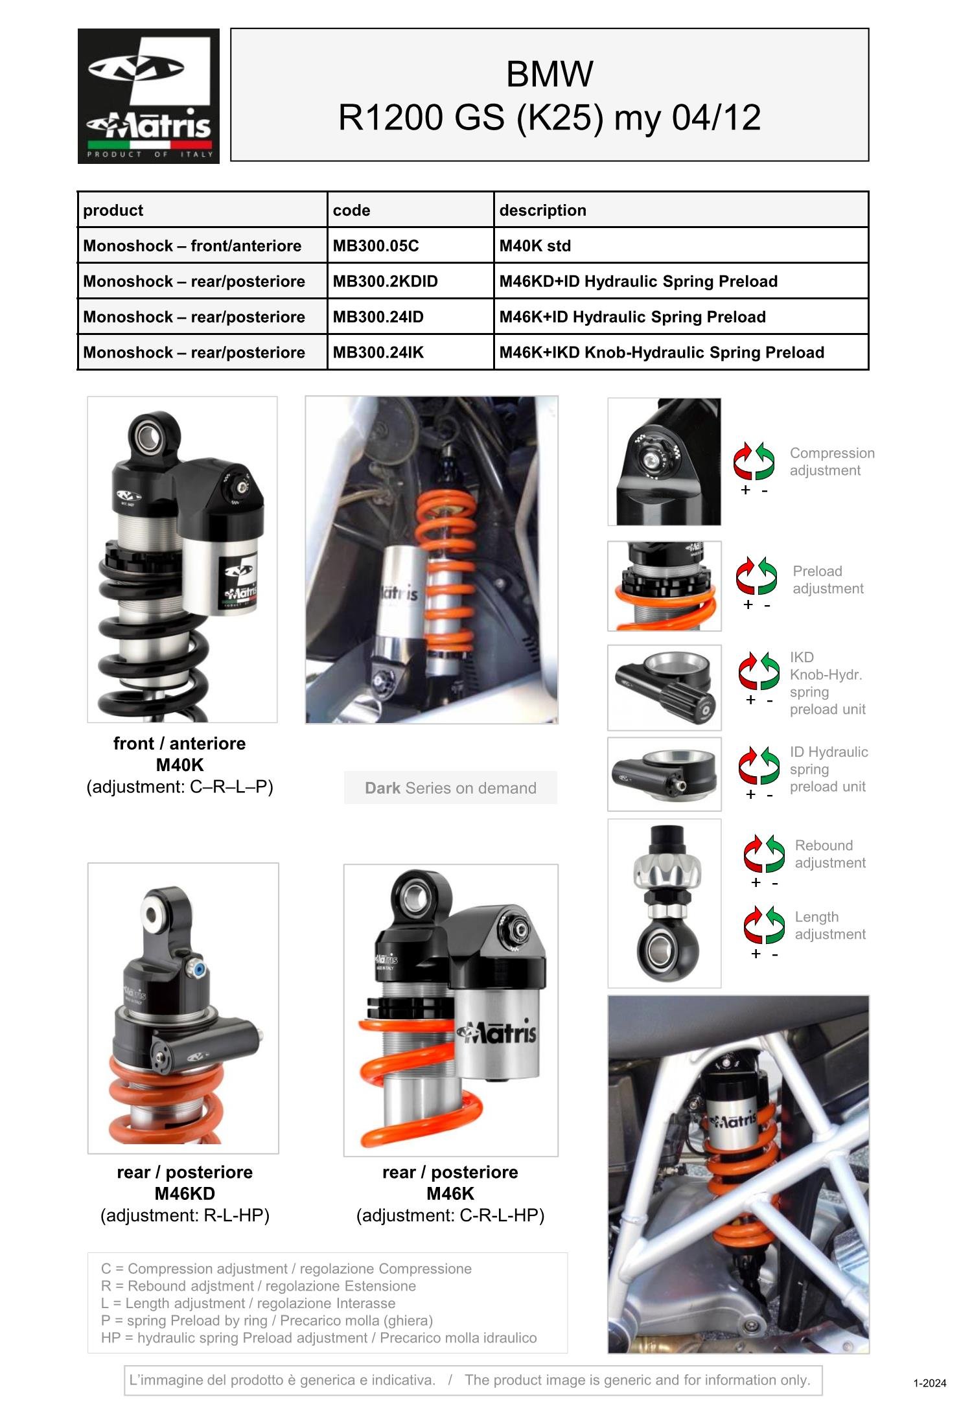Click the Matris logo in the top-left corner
pyautogui.click(x=148, y=96)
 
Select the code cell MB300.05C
pyautogui.click(x=410, y=246)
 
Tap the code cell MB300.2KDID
pyautogui.click(x=410, y=281)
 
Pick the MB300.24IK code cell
pyautogui.click(x=410, y=352)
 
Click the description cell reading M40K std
pyautogui.click(x=680, y=246)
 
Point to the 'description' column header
pyautogui.click(x=543, y=210)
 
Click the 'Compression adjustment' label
pyautogui.click(x=832, y=462)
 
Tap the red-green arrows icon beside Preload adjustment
pyautogui.click(x=756, y=575)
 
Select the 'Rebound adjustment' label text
pyautogui.click(x=830, y=854)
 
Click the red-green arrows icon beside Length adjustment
pyautogui.click(x=765, y=925)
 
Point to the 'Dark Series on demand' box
pyautogui.click(x=450, y=788)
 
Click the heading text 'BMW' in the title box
pyautogui.click(x=550, y=74)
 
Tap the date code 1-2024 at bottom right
pyautogui.click(x=930, y=1383)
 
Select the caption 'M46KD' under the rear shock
pyautogui.click(x=185, y=1193)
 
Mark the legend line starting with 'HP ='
pyautogui.click(x=319, y=1338)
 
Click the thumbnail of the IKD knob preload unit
pyautogui.click(x=664, y=687)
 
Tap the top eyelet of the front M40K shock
pyautogui.click(x=153, y=433)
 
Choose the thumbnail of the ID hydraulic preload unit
pyautogui.click(x=664, y=774)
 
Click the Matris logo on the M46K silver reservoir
pyautogui.click(x=498, y=1032)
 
